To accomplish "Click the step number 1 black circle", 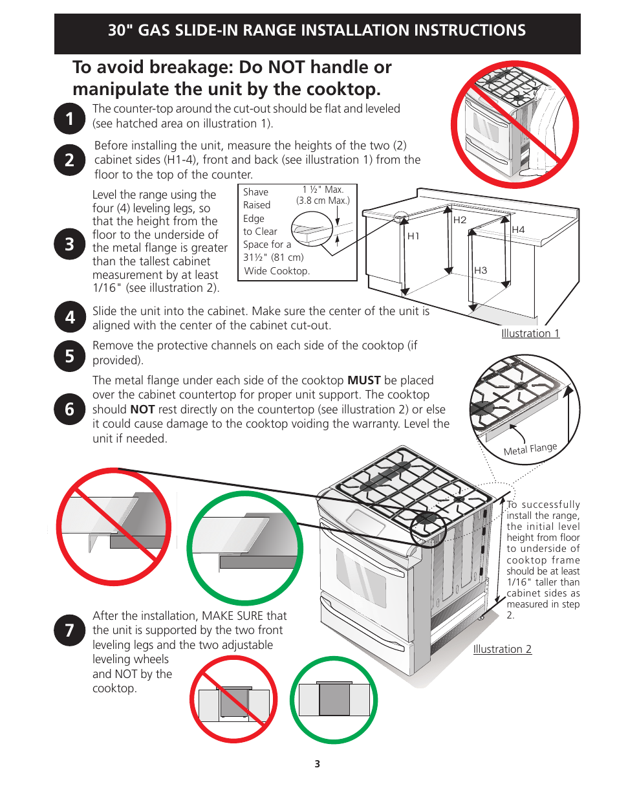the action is pyautogui.click(x=69, y=118).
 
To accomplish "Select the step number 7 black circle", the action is pyautogui.click(x=69, y=630).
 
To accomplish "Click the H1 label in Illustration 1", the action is pyautogui.click(x=413, y=235).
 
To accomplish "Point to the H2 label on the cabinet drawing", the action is pyautogui.click(x=460, y=220).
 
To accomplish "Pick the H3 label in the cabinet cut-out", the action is pyautogui.click(x=481, y=270).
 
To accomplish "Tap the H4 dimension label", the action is pyautogui.click(x=518, y=230).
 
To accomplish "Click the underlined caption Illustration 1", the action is pyautogui.click(x=530, y=333).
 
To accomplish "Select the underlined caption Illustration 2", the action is pyautogui.click(x=502, y=649).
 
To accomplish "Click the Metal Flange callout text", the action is pyautogui.click(x=530, y=449).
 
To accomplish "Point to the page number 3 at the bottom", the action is pyautogui.click(x=317, y=763).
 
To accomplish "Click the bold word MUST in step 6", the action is pyautogui.click(x=364, y=380).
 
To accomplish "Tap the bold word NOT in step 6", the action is pyautogui.click(x=142, y=410).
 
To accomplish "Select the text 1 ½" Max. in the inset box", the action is pyautogui.click(x=323, y=190).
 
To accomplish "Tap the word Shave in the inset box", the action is pyautogui.click(x=255, y=192).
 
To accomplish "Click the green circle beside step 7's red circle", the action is pyautogui.click(x=334, y=699).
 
